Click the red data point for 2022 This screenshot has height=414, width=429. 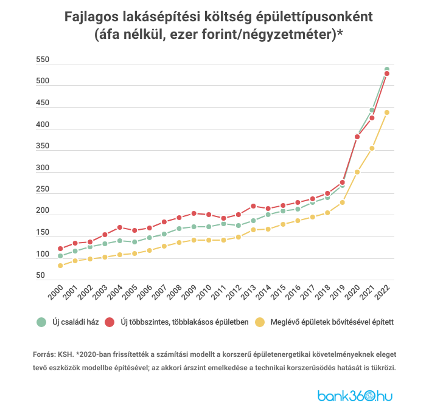pos(386,74)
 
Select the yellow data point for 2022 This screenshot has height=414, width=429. pos(386,112)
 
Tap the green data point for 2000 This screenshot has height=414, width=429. pos(60,256)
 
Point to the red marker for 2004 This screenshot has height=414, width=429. pos(119,227)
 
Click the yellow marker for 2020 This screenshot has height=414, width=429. pos(357,172)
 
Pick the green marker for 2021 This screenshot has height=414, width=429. pos(372,111)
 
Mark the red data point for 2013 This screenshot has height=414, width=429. pos(253,206)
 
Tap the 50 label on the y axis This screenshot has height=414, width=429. pos(40,275)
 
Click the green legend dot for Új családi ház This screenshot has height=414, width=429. pos(41,322)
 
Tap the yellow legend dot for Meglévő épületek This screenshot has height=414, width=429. pos(260,322)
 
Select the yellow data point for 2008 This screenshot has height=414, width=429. pos(179,243)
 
